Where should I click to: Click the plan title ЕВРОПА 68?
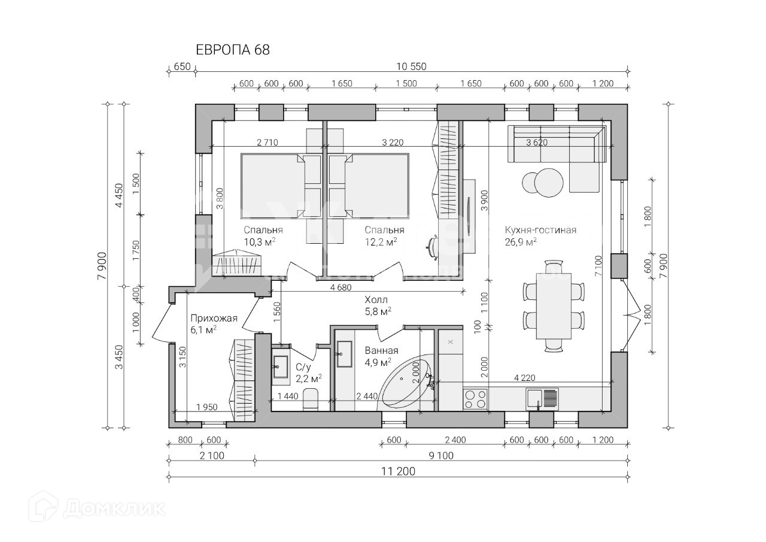pos(233,50)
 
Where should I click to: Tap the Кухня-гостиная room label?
pos(540,230)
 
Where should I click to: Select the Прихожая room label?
pos(214,319)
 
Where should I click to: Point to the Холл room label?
pos(376,300)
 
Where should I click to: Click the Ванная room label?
pos(382,351)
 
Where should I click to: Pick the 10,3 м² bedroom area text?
pos(260,242)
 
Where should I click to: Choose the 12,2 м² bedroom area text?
pos(381,242)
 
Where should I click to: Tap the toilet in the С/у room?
pos(311,399)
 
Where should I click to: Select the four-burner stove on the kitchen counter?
pos(475,399)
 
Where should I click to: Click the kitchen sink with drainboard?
pos(542,399)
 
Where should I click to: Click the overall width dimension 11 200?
pos(399,471)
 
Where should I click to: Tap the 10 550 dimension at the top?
pos(411,66)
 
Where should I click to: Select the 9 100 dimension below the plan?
pos(441,456)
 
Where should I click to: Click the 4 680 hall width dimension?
pos(341,287)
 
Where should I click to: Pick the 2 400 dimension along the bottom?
pos(455,440)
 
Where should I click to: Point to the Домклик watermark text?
pos(114,509)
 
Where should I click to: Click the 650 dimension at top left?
pos(182,66)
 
